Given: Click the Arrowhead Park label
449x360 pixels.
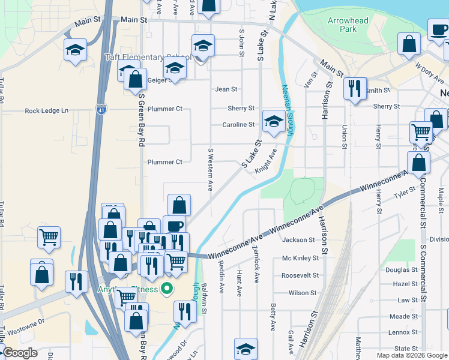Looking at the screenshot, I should [348, 25].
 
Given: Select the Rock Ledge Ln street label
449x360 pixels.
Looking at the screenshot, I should [47, 111].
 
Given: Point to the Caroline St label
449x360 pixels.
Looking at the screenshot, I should [238, 125].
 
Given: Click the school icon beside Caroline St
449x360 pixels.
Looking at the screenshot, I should [274, 121].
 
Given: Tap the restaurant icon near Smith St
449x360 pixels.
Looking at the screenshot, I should [355, 88].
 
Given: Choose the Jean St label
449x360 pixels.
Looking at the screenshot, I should [226, 89].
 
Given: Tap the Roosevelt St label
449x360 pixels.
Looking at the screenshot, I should [298, 275].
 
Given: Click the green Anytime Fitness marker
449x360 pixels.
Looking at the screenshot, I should [169, 289].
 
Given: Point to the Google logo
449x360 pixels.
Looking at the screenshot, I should [20, 353].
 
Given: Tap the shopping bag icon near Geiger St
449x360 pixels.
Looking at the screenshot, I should [136, 79].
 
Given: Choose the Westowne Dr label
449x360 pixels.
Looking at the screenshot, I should [25, 321].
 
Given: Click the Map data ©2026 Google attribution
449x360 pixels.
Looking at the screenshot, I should [412, 355].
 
